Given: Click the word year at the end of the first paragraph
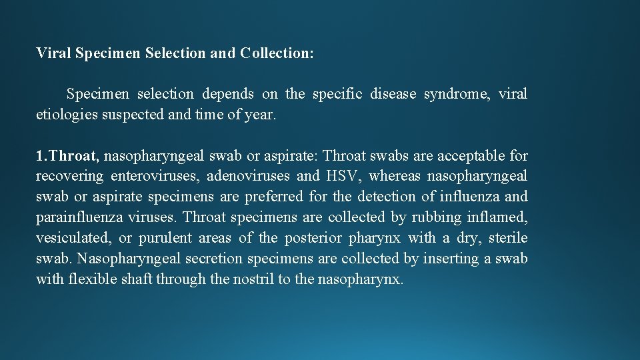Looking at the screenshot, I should tap(257, 115).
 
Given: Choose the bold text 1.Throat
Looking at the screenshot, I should tap(67, 156).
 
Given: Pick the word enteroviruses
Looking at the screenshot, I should tap(155, 176).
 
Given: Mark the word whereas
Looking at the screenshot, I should tap(394, 176).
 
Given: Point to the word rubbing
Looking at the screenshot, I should tap(437, 217).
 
